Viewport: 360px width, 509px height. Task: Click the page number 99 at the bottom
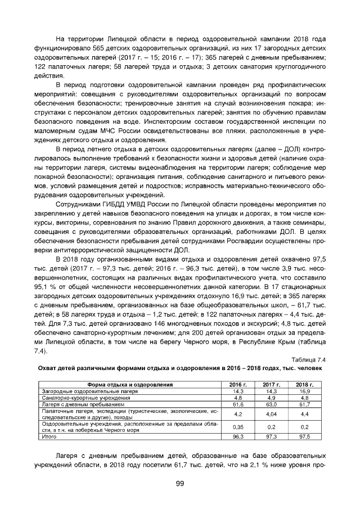[180, 483]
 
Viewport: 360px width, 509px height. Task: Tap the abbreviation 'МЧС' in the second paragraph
[112, 130]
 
